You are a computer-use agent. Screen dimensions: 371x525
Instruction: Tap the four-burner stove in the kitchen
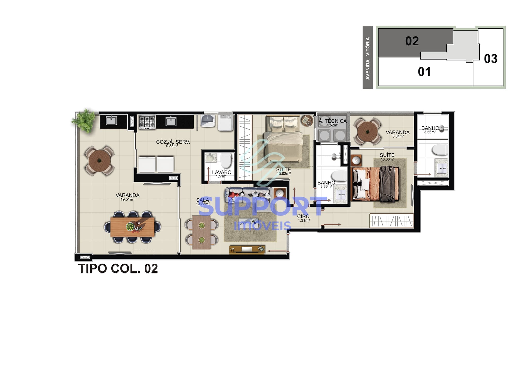click(147, 122)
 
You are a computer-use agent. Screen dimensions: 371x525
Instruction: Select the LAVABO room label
click(222, 172)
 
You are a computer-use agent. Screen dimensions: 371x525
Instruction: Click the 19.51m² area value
click(127, 199)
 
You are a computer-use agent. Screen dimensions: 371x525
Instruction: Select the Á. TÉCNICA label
click(332, 121)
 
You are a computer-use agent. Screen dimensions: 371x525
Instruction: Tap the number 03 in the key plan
click(490, 59)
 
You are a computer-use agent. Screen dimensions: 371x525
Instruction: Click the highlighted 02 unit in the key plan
click(412, 41)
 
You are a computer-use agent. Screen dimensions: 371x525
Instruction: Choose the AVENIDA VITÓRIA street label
click(368, 58)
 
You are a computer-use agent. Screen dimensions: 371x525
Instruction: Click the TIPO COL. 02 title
click(118, 268)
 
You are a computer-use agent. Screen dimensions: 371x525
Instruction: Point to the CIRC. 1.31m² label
click(304, 218)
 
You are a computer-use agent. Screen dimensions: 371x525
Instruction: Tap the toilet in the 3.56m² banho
click(440, 150)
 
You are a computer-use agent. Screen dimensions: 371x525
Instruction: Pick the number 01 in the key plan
click(424, 72)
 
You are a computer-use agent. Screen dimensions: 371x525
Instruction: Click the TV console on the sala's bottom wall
click(247, 249)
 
